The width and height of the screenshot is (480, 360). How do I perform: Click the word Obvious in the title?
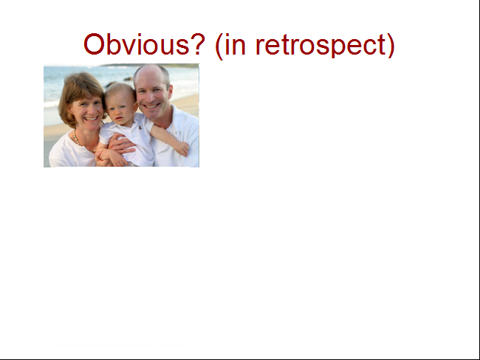pos(136,44)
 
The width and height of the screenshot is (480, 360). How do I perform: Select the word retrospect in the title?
pos(320,46)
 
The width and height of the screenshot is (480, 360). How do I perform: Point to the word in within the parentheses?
pos(235,44)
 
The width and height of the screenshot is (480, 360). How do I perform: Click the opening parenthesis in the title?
pos(219,46)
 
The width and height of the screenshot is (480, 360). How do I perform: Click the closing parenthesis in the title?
pos(391,46)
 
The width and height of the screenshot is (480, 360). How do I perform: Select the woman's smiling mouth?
pos(91,118)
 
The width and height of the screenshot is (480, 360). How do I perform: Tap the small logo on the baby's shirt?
pos(140,127)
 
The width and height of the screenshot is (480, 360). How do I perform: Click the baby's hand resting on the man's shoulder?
pos(182,149)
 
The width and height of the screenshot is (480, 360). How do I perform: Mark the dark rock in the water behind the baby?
pos(111,84)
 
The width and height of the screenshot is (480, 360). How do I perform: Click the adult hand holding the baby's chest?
pos(122,144)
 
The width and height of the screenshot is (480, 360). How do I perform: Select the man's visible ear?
pos(169,92)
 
